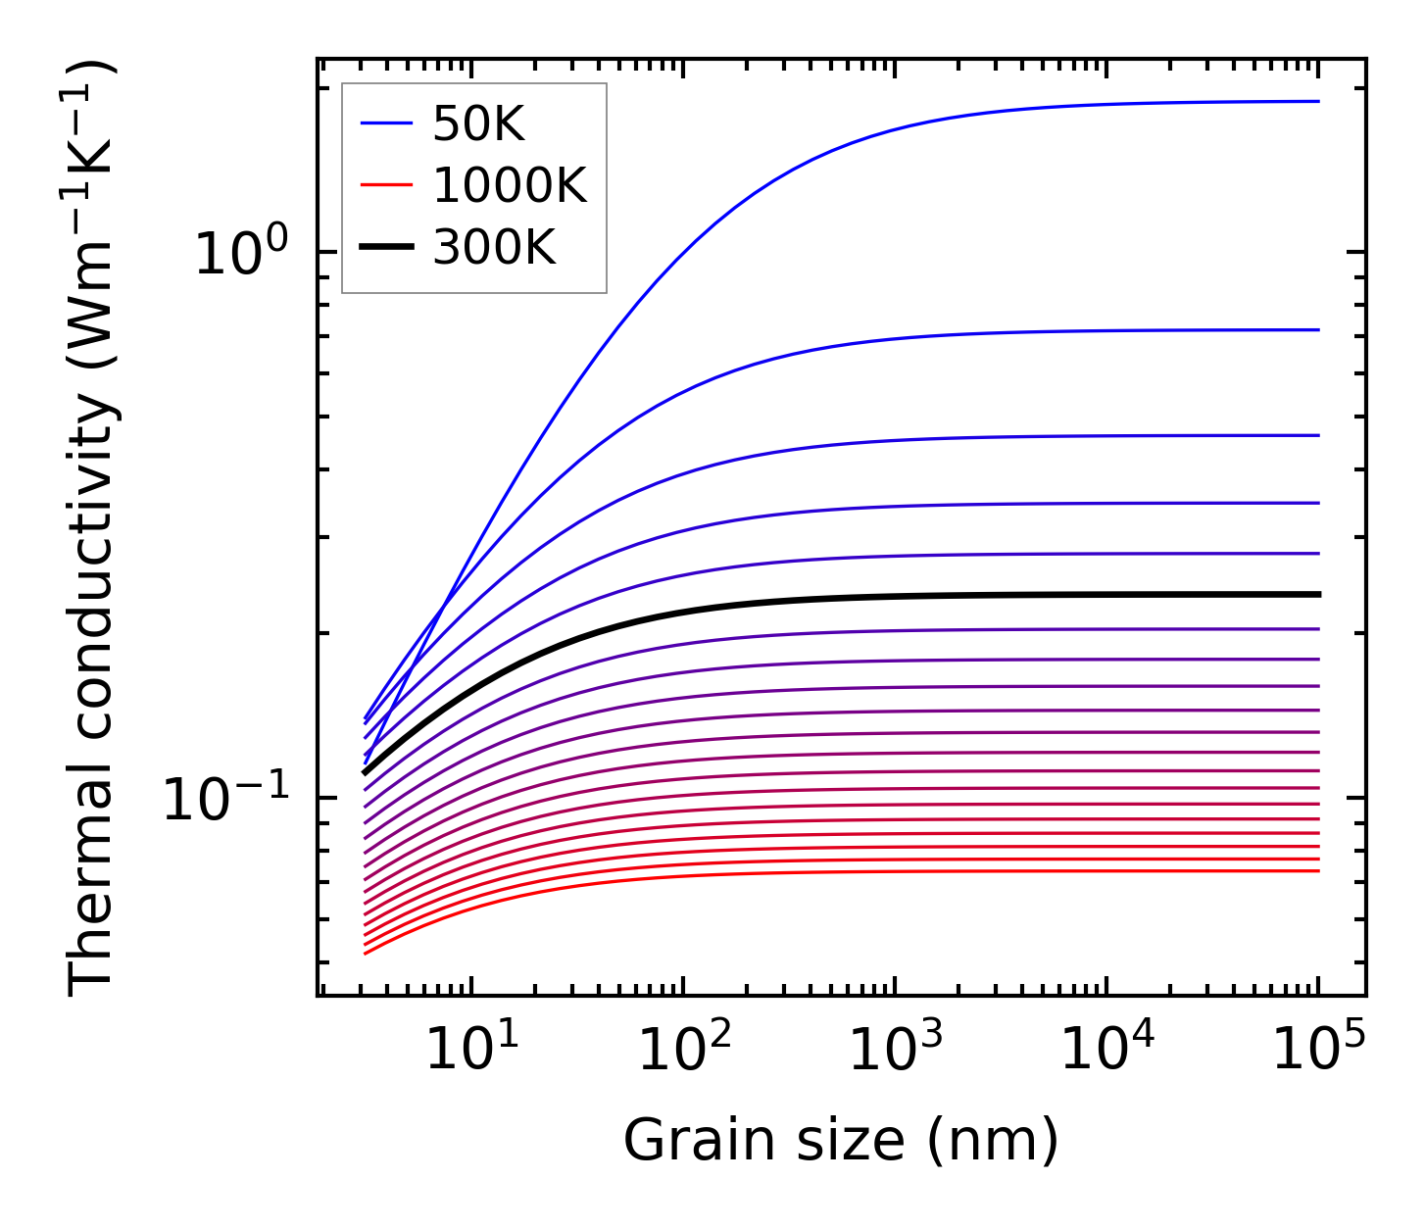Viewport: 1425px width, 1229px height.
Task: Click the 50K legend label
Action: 478,124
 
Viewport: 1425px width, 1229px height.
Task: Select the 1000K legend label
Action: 509,186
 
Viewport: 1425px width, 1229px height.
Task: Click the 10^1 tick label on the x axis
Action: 472,1050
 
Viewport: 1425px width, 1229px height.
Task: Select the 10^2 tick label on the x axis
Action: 684,1050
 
